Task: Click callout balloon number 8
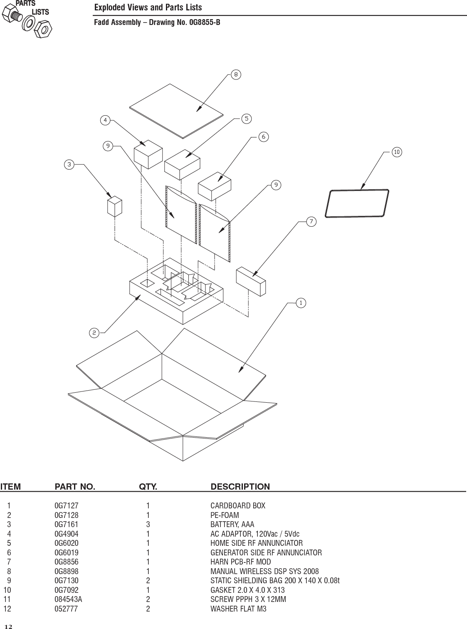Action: [236, 75]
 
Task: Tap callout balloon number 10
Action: [397, 152]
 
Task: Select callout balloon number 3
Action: [69, 165]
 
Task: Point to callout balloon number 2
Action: [94, 332]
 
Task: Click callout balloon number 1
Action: [300, 303]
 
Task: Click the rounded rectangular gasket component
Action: [357, 203]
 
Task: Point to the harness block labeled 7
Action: [251, 281]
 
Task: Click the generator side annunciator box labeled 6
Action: [214, 187]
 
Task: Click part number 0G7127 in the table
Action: [66, 506]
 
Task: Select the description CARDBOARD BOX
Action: [237, 506]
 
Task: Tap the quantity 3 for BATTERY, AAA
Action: [148, 525]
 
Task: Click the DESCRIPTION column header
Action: [240, 486]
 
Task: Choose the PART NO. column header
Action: [75, 486]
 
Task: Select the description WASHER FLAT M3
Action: [238, 609]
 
